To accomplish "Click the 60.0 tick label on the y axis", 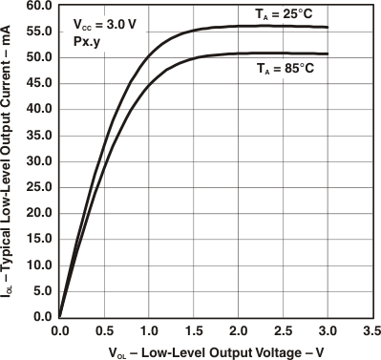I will (x=38, y=6).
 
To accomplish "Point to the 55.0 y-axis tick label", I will (x=38, y=32).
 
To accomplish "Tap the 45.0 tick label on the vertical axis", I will (x=38, y=83).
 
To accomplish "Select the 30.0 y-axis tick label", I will (x=38, y=161).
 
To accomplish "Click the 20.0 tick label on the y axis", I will (x=38, y=213).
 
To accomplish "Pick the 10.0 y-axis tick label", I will (x=38, y=265).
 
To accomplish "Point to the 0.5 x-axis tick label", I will (x=104, y=329).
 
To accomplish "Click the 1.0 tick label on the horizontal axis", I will (x=148, y=329).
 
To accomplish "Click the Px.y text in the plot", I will (x=85, y=43).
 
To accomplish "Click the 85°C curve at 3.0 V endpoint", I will (x=327, y=54).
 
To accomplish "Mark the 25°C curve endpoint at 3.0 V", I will (x=327, y=28).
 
